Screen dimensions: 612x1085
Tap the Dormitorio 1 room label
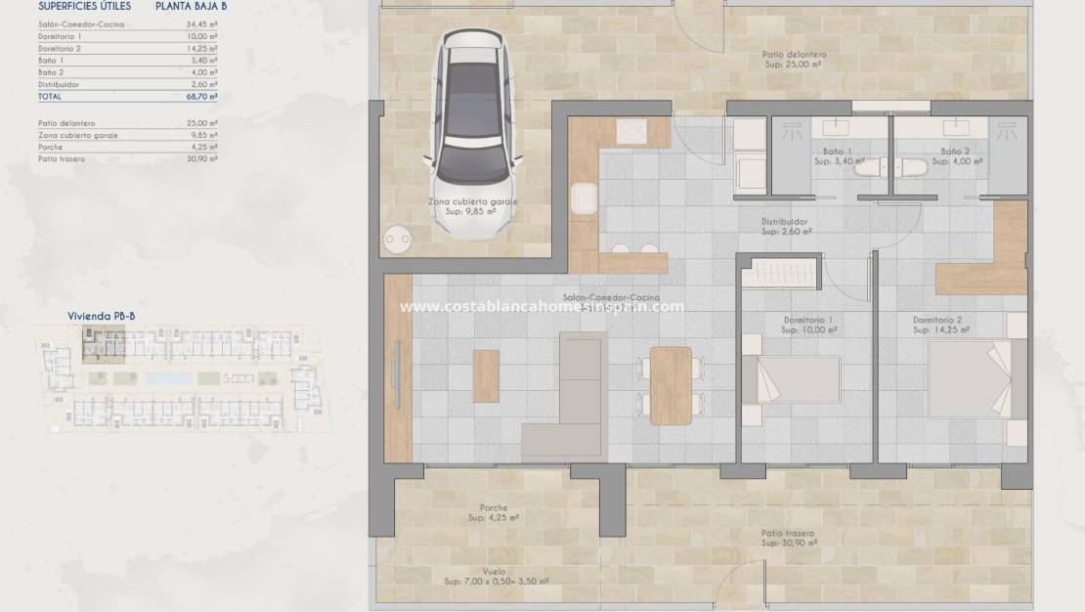(x=807, y=320)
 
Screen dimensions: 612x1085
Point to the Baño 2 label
(x=955, y=152)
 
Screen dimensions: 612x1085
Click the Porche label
(x=494, y=507)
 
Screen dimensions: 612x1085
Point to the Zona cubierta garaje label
(x=473, y=201)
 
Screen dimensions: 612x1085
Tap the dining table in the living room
(x=671, y=385)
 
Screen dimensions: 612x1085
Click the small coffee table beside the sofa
(x=486, y=376)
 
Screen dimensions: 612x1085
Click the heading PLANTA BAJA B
(x=191, y=6)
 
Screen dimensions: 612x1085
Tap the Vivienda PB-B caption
(x=101, y=316)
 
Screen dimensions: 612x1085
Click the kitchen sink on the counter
(x=585, y=198)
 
